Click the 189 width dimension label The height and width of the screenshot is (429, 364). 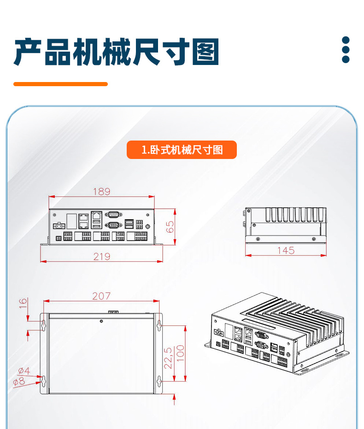point(102,191)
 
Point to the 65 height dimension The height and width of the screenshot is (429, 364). point(170,226)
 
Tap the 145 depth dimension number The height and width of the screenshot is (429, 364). point(286,250)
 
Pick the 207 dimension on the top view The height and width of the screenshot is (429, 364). point(101,296)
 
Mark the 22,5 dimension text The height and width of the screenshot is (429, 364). point(168,358)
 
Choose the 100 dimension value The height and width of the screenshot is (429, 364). point(181,353)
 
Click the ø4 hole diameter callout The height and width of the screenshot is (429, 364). point(24,371)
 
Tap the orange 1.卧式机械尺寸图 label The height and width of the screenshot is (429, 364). point(182,150)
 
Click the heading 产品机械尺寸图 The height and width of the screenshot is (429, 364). point(116,52)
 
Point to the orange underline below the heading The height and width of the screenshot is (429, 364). point(60,84)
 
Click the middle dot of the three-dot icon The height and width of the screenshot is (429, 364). point(346,50)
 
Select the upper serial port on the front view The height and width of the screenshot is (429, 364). point(113,214)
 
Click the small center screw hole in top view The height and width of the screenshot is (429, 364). point(101,321)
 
